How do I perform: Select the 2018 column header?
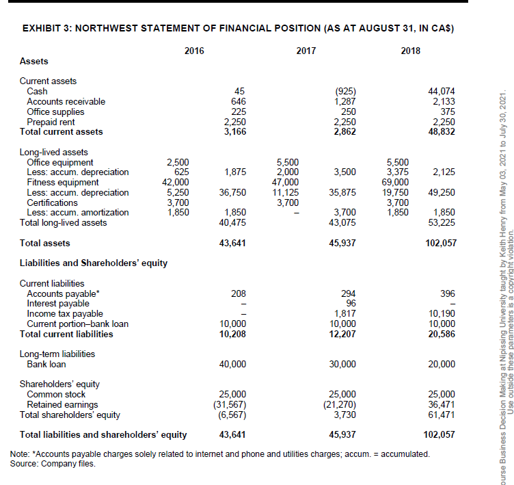coord(411,51)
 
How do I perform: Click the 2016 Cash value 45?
coord(239,92)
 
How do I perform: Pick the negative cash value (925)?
coord(347,92)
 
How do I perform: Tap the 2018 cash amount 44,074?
coord(442,92)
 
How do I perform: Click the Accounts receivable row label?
coord(66,101)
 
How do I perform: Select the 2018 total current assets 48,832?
coord(442,132)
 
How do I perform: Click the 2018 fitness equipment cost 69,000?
coord(398,183)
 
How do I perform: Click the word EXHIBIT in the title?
coord(42,29)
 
